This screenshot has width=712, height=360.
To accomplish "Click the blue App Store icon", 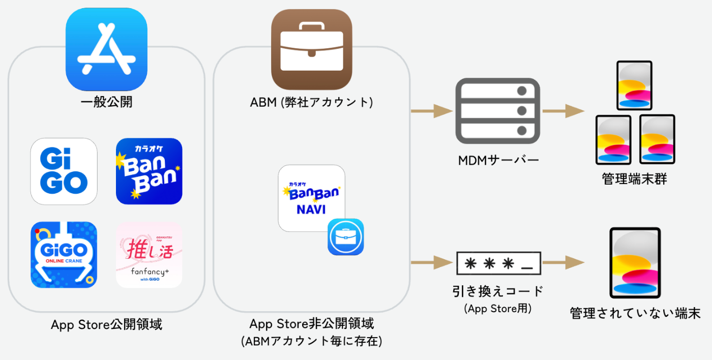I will pyautogui.click(x=106, y=49).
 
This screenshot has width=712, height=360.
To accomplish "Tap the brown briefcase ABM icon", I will pyautogui.click(x=311, y=49).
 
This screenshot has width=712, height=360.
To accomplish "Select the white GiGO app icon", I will pyautogui.click(x=64, y=171).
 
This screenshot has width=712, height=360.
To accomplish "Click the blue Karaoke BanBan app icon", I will pyautogui.click(x=149, y=171).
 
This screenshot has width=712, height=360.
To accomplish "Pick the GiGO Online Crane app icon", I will pyautogui.click(x=64, y=255).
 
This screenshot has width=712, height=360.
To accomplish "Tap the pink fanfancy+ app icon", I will pyautogui.click(x=149, y=255).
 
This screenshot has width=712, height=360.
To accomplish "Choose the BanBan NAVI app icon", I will pyautogui.click(x=311, y=198).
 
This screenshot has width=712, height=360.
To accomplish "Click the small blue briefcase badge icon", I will pyautogui.click(x=346, y=237).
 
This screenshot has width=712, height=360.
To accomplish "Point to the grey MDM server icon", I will pyautogui.click(x=497, y=110).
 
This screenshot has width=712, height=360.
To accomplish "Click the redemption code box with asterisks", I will pyautogui.click(x=499, y=263).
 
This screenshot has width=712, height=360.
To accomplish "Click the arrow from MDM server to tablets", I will pyautogui.click(x=563, y=110).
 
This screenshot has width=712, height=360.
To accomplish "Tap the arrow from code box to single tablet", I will pyautogui.click(x=563, y=263).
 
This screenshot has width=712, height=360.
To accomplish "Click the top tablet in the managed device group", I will pyautogui.click(x=634, y=85).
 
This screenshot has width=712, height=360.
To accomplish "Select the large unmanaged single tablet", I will pyautogui.click(x=635, y=263).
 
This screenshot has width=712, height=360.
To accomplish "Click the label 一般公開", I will pyautogui.click(x=106, y=102).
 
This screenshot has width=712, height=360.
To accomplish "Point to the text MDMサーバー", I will pyautogui.click(x=498, y=161).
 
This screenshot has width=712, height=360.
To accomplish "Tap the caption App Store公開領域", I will pyautogui.click(x=107, y=324).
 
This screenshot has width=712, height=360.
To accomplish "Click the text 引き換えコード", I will pyautogui.click(x=498, y=291).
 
